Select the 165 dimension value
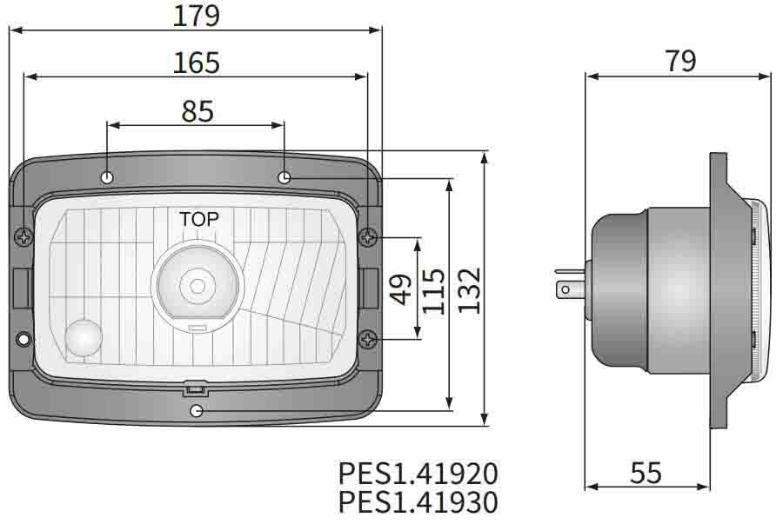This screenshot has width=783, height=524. click(196, 63)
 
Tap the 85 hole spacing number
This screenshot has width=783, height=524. click(197, 111)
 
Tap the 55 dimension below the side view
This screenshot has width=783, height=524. click(645, 474)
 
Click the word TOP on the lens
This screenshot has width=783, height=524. click(199, 219)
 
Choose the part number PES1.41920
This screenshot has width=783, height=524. click(418, 474)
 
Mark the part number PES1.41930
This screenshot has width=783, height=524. click(418, 502)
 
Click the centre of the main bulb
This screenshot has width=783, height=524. click(197, 284)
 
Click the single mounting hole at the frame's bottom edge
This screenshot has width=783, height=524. click(197, 409)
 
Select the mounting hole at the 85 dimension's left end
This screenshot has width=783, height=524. click(108, 177)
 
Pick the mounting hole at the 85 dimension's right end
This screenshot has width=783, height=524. click(284, 177)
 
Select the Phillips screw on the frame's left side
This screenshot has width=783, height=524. click(23, 235)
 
